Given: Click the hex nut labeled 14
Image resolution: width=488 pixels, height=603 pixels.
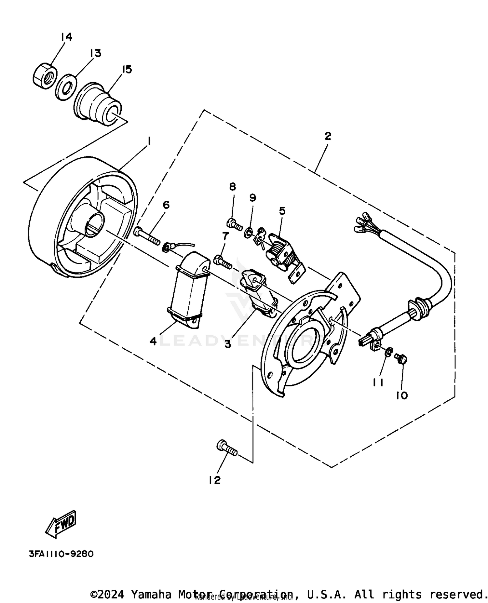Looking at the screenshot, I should pyautogui.click(x=45, y=75).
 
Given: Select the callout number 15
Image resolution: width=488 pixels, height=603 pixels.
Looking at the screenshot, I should pyautogui.click(x=127, y=69).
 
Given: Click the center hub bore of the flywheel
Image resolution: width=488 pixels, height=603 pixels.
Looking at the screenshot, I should pyautogui.click(x=94, y=224).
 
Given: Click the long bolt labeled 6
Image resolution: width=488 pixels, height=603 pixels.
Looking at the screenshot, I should pyautogui.click(x=146, y=236).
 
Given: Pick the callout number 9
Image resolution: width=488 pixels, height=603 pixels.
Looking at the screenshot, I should pyautogui.click(x=253, y=197).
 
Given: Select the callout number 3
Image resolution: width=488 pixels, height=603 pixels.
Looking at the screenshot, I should pyautogui.click(x=228, y=344).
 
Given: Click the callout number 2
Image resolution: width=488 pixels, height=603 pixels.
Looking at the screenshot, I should pyautogui.click(x=328, y=136).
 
